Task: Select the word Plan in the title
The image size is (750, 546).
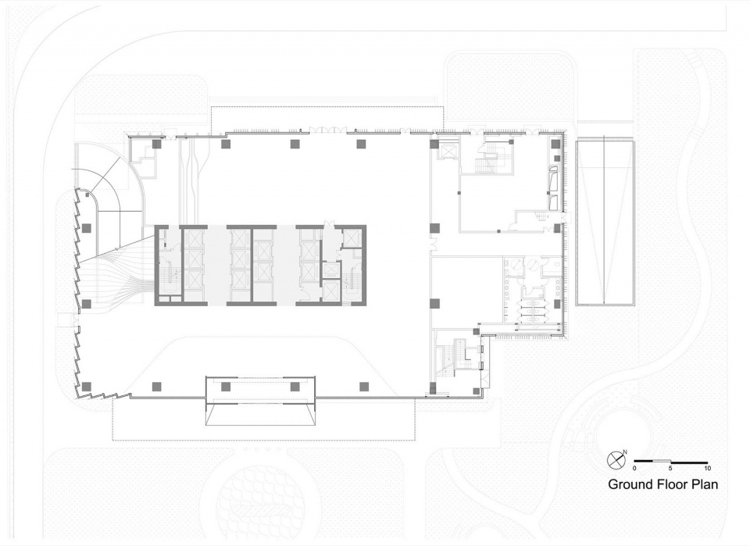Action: (x=704, y=484)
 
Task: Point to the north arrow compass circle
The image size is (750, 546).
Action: (x=615, y=460)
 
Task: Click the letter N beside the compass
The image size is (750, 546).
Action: (x=625, y=451)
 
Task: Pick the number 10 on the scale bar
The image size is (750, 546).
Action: (x=707, y=468)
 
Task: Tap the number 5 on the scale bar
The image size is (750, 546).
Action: (x=670, y=468)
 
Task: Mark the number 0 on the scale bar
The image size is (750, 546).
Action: (x=634, y=468)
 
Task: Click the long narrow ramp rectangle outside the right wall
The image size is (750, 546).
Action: (x=605, y=222)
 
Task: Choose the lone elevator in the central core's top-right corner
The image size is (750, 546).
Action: (x=352, y=237)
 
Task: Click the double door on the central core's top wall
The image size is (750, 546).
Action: (x=329, y=223)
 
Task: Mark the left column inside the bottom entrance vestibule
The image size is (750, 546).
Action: (x=225, y=387)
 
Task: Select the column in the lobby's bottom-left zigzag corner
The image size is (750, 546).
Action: (x=87, y=387)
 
